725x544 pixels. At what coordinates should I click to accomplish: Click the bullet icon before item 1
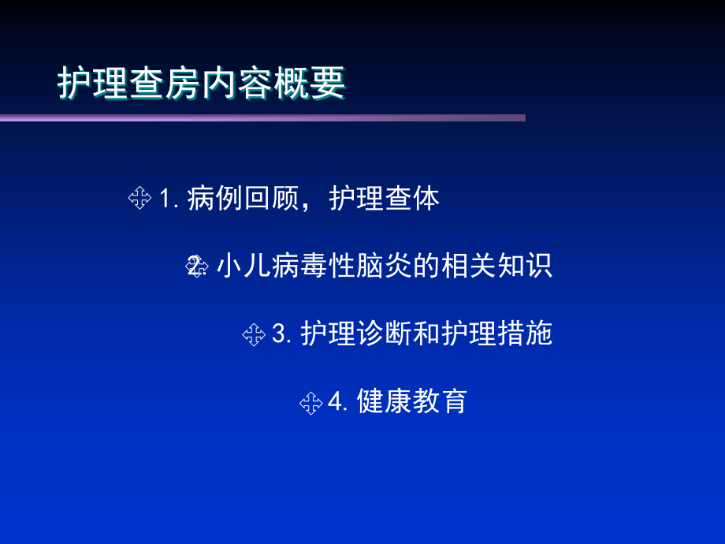pos(139,199)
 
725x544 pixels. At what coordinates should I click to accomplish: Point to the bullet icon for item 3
pos(253,334)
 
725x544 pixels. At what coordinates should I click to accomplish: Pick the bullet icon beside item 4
pos(310,403)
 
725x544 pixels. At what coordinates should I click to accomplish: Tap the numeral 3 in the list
pos(277,334)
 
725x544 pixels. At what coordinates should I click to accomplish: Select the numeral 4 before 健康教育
pos(335,403)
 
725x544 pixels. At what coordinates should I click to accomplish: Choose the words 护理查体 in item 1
pos(385,199)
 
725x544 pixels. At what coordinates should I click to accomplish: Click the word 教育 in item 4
pos(441,403)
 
